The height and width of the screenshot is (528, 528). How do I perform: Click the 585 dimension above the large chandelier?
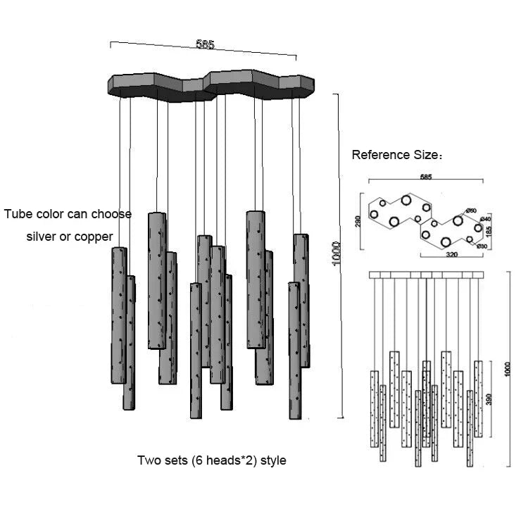(205, 45)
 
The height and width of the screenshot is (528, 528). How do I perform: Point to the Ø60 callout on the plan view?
(471, 211)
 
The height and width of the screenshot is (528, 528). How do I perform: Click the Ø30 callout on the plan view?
(482, 246)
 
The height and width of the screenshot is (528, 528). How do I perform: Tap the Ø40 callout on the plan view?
(485, 220)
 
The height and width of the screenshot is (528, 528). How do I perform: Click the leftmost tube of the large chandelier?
(119, 315)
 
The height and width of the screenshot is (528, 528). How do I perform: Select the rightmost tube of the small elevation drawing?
(478, 398)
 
